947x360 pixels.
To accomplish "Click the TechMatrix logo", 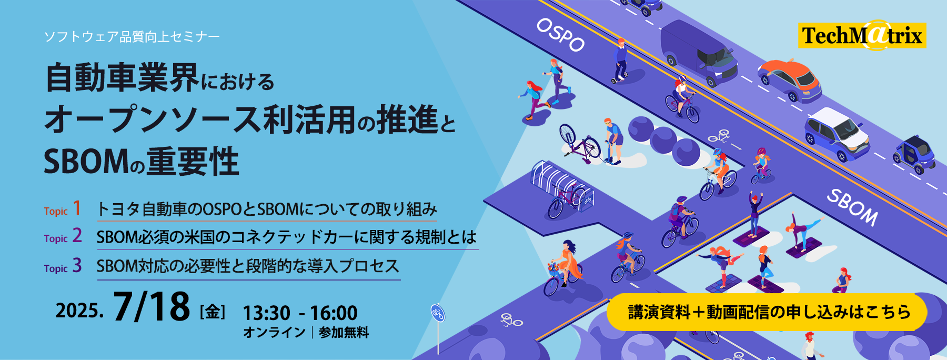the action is click(x=862, y=35).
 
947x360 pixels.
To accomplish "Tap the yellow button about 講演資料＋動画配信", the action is click(x=767, y=312).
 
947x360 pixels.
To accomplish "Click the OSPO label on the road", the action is click(x=560, y=35).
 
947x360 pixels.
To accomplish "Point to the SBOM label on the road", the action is click(x=853, y=207).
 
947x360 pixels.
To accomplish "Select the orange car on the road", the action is click(x=790, y=79).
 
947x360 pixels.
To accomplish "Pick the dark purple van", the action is click(x=699, y=53).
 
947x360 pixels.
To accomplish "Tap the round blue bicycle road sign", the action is click(x=438, y=313).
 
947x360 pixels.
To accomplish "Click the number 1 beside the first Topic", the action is click(x=77, y=208).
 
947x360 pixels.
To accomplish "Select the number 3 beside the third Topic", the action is click(x=77, y=265).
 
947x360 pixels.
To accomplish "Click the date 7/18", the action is click(x=151, y=306).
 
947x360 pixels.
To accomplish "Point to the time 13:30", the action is click(x=266, y=313).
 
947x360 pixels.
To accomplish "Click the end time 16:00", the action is click(x=334, y=313).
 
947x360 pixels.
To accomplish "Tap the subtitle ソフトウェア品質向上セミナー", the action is click(x=132, y=36).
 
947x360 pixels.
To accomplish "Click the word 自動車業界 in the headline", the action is click(x=122, y=77).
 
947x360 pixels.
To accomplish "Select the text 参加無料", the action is click(x=344, y=333).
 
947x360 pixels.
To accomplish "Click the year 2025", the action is click(x=79, y=311).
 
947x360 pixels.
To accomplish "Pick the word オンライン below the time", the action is click(x=274, y=333).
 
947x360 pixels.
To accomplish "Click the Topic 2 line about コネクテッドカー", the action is click(x=287, y=237).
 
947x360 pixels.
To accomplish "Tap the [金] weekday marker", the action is click(x=213, y=312).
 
